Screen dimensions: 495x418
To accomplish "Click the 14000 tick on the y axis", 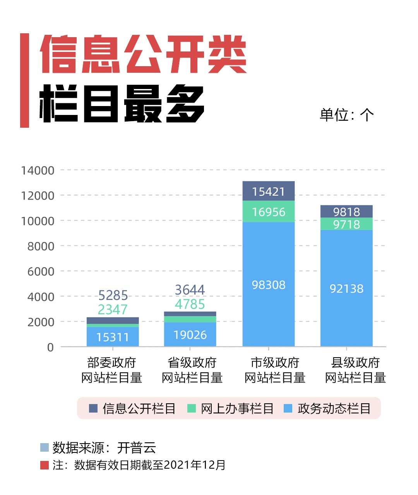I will point(38,170).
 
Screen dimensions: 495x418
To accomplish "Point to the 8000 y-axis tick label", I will point(40,246).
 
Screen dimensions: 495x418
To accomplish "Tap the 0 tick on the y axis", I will point(50,348).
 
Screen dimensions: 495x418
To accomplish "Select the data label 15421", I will point(268,192).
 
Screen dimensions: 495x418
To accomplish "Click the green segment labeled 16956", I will point(268,212).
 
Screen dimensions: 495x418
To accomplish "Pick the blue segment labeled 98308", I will point(268,285).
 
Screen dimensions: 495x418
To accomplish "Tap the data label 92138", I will point(346,289).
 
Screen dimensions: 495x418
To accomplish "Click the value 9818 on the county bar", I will point(346,212).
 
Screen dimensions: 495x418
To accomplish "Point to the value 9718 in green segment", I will point(346,224).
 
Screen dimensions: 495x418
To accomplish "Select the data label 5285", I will point(113,295).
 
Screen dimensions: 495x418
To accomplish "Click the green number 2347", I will point(113,310).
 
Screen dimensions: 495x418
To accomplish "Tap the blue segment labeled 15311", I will point(113,337).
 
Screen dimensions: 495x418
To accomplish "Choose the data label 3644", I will point(190,290).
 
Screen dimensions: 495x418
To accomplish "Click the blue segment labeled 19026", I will point(190,335).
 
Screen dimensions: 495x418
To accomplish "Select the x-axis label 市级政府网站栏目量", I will point(275,370).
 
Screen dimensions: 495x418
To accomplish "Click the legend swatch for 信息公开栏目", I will point(93,408).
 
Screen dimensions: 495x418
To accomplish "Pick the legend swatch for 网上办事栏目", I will point(192,408).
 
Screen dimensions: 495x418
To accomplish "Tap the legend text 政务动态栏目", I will point(334,408).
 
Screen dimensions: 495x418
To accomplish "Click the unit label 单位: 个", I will point(346,115).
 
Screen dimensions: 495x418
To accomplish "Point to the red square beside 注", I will point(45,465).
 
